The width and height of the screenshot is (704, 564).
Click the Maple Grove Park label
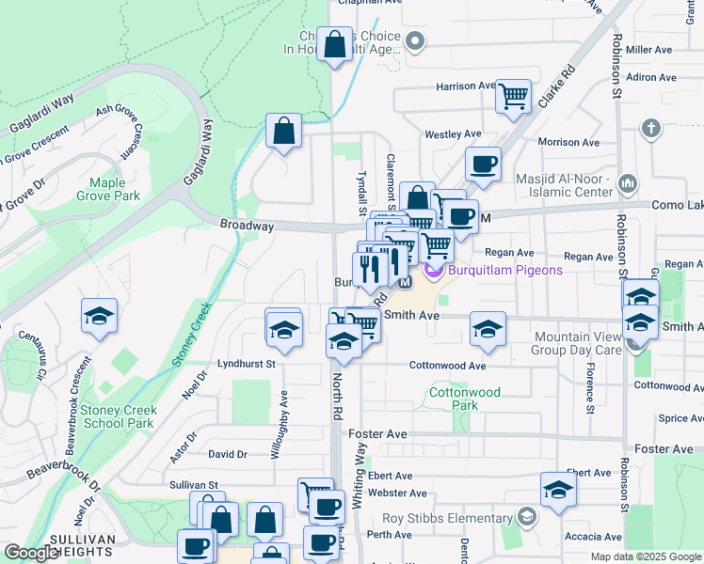pyautogui.click(x=115, y=189)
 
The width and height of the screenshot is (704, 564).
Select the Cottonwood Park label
pyautogui.click(x=452, y=399)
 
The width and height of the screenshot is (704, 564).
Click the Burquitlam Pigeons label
pyautogui.click(x=505, y=271)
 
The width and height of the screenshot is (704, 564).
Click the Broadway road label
pyautogui.click(x=247, y=226)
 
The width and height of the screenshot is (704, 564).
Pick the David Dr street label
pyautogui.click(x=228, y=454)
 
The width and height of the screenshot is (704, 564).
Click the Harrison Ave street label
pyautogui.click(x=465, y=86)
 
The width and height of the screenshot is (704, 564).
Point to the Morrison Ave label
pyautogui.click(x=568, y=143)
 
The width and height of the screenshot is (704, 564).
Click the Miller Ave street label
pyautogui.click(x=649, y=49)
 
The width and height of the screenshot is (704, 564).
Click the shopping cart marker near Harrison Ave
pyautogui.click(x=514, y=96)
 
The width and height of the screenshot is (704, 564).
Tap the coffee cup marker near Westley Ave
pyautogui.click(x=484, y=164)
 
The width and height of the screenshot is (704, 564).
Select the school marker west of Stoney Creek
pyautogui.click(x=99, y=317)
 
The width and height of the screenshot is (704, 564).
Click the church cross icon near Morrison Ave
pyautogui.click(x=650, y=128)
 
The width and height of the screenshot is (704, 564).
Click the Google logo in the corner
pyautogui.click(x=32, y=553)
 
